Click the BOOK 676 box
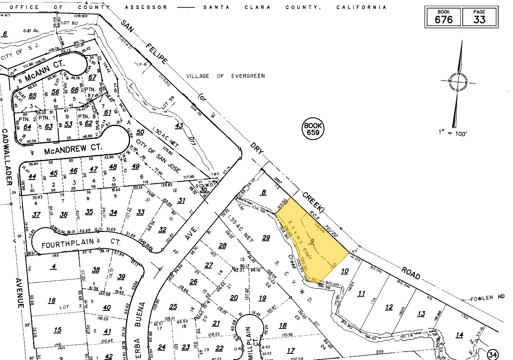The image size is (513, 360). click(x=444, y=17)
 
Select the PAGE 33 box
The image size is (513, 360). click(x=480, y=17)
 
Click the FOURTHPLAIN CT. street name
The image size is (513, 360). click(x=82, y=244)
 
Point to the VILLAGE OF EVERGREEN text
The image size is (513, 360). click(x=225, y=76)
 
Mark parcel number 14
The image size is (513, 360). click(x=459, y=335)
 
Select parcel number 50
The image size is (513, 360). click(x=140, y=132)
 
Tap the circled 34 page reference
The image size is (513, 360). click(x=493, y=354)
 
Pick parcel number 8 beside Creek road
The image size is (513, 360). click(x=264, y=191)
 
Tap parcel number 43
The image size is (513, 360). click(x=179, y=126)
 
